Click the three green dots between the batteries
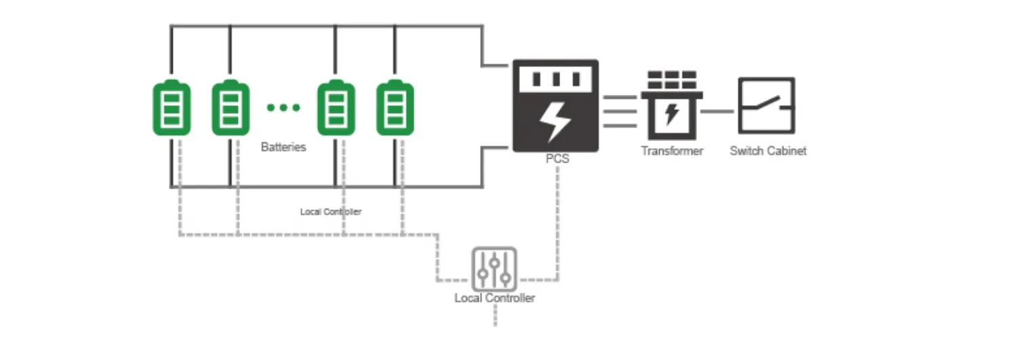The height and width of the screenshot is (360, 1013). click(x=283, y=107)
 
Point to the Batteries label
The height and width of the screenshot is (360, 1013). click(x=283, y=146)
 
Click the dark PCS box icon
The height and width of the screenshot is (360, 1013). click(x=555, y=105)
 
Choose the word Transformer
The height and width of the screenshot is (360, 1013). click(x=672, y=151)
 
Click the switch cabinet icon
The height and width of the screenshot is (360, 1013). click(x=766, y=105)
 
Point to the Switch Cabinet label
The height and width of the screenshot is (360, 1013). click(x=768, y=151)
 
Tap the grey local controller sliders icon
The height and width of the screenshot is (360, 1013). click(x=494, y=269)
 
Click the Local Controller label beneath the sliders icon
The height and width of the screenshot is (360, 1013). click(x=494, y=298)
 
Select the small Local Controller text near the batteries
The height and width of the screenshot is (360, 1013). click(x=331, y=212)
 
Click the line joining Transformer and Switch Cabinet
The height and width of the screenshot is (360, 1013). click(x=719, y=111)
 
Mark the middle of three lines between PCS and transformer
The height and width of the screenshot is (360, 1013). click(x=620, y=111)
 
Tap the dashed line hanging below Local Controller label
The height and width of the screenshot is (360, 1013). click(x=495, y=315)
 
